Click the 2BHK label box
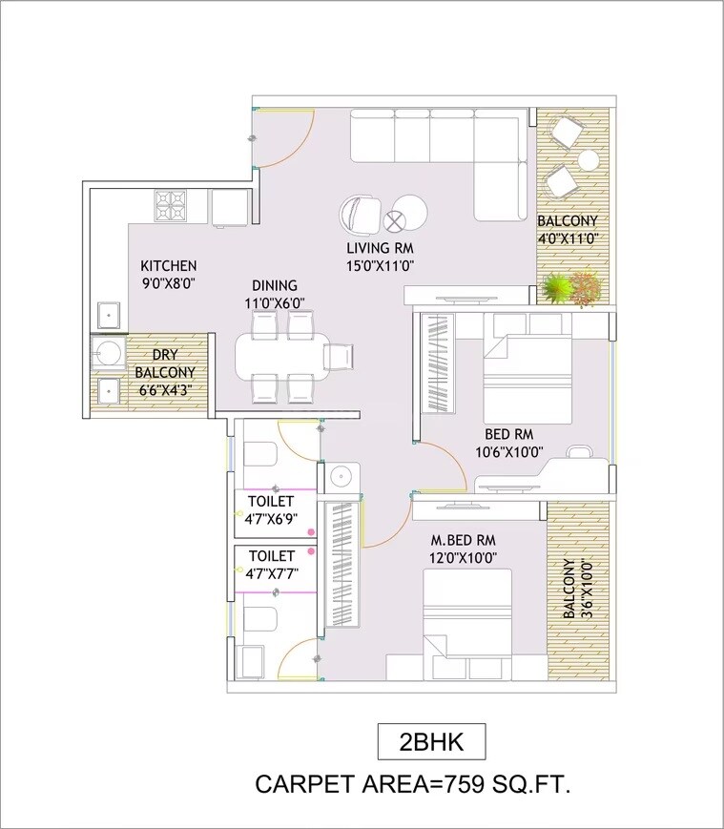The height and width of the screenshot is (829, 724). pyautogui.click(x=432, y=740)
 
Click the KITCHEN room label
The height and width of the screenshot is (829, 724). pyautogui.click(x=169, y=266)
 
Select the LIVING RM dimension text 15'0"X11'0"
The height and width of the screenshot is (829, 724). pyautogui.click(x=380, y=266)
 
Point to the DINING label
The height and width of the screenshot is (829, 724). pyautogui.click(x=275, y=285)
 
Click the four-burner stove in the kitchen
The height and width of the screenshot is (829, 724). pyautogui.click(x=172, y=204)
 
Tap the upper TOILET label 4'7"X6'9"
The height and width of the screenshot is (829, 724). pyautogui.click(x=271, y=510)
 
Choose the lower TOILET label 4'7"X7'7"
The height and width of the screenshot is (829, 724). pyautogui.click(x=271, y=564)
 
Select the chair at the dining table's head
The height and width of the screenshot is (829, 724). pyautogui.click(x=340, y=356)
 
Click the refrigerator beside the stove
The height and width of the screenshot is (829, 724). pyautogui.click(x=230, y=207)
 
